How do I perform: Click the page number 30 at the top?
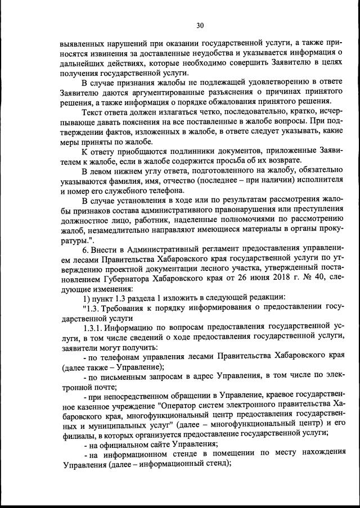tap(200, 25)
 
